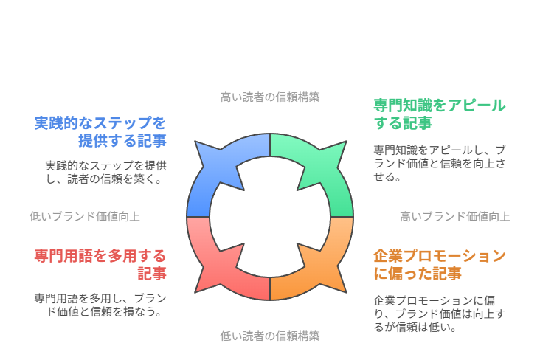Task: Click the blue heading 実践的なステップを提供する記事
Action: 100,132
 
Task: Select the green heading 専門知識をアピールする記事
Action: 440,114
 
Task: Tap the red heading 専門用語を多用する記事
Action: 100,265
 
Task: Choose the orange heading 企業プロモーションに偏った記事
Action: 440,265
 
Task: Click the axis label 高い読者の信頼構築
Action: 270,97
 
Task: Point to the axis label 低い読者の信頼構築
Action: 270,336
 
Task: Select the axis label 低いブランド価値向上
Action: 85,216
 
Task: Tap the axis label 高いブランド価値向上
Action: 455,216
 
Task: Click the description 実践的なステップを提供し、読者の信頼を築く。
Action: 106,172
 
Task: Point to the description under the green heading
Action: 440,163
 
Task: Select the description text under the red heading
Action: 100,305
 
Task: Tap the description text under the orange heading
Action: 440,314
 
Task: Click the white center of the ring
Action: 270,217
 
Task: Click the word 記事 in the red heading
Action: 152,274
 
